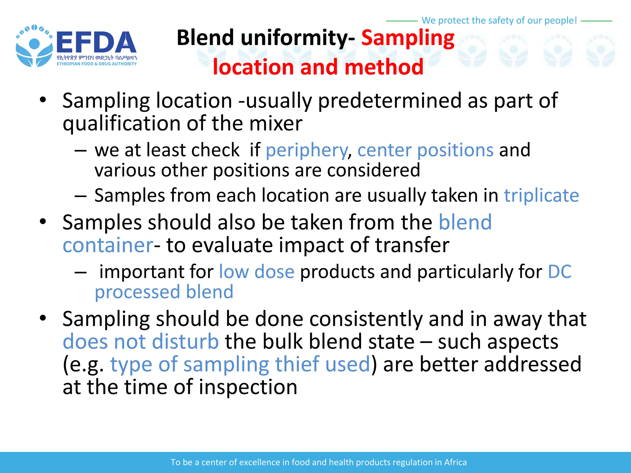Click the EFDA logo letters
pos(96,42)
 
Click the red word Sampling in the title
pos(408,38)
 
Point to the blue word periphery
pos(307,150)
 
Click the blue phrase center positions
pos(425,150)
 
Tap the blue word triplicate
pos(541,196)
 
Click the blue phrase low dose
pos(257,272)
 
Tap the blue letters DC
pos(560,272)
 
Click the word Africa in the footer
pos(455,462)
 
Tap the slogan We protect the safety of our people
pos(499,20)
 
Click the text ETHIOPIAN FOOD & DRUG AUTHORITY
pos(96,64)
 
